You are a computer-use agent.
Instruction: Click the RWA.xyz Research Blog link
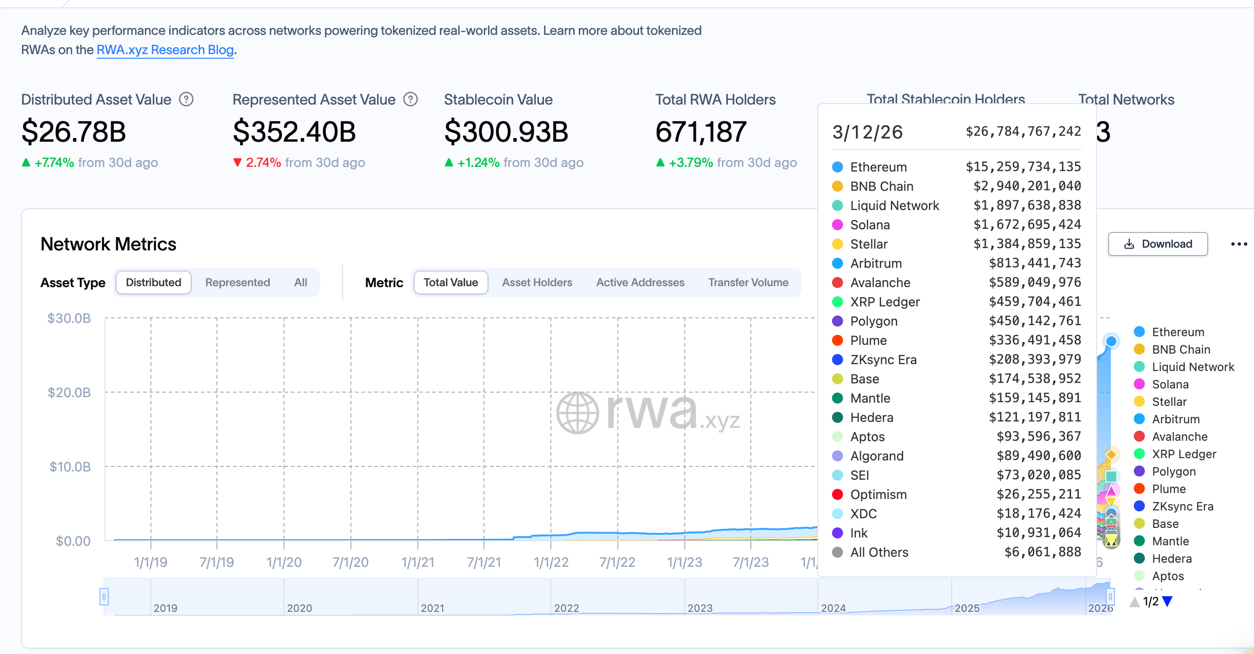pyautogui.click(x=165, y=50)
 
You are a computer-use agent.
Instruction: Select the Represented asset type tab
pyautogui.click(x=238, y=283)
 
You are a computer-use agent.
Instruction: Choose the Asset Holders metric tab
pyautogui.click(x=537, y=283)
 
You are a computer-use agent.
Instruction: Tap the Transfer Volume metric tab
pyautogui.click(x=748, y=283)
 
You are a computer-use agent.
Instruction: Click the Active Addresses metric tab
pyautogui.click(x=640, y=283)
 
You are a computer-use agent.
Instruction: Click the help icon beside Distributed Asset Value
pyautogui.click(x=186, y=100)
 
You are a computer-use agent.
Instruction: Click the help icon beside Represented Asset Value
pyautogui.click(x=411, y=100)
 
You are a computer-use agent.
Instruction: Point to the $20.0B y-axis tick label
pyautogui.click(x=69, y=393)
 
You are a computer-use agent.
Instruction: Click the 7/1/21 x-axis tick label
pyautogui.click(x=484, y=563)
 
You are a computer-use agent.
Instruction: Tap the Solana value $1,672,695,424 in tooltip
pyautogui.click(x=1027, y=225)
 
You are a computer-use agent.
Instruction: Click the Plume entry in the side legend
pyautogui.click(x=1168, y=489)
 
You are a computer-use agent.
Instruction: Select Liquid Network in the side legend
pyautogui.click(x=1192, y=367)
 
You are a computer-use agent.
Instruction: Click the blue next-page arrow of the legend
pyautogui.click(x=1167, y=602)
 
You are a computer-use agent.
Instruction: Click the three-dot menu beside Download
pyautogui.click(x=1238, y=244)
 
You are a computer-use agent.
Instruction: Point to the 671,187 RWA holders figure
pyautogui.click(x=700, y=132)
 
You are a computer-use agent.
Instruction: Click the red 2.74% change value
pyautogui.click(x=263, y=163)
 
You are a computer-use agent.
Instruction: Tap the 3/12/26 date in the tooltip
pyautogui.click(x=867, y=133)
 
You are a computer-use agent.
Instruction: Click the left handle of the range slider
pyautogui.click(x=104, y=597)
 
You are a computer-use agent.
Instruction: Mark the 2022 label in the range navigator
pyautogui.click(x=566, y=608)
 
